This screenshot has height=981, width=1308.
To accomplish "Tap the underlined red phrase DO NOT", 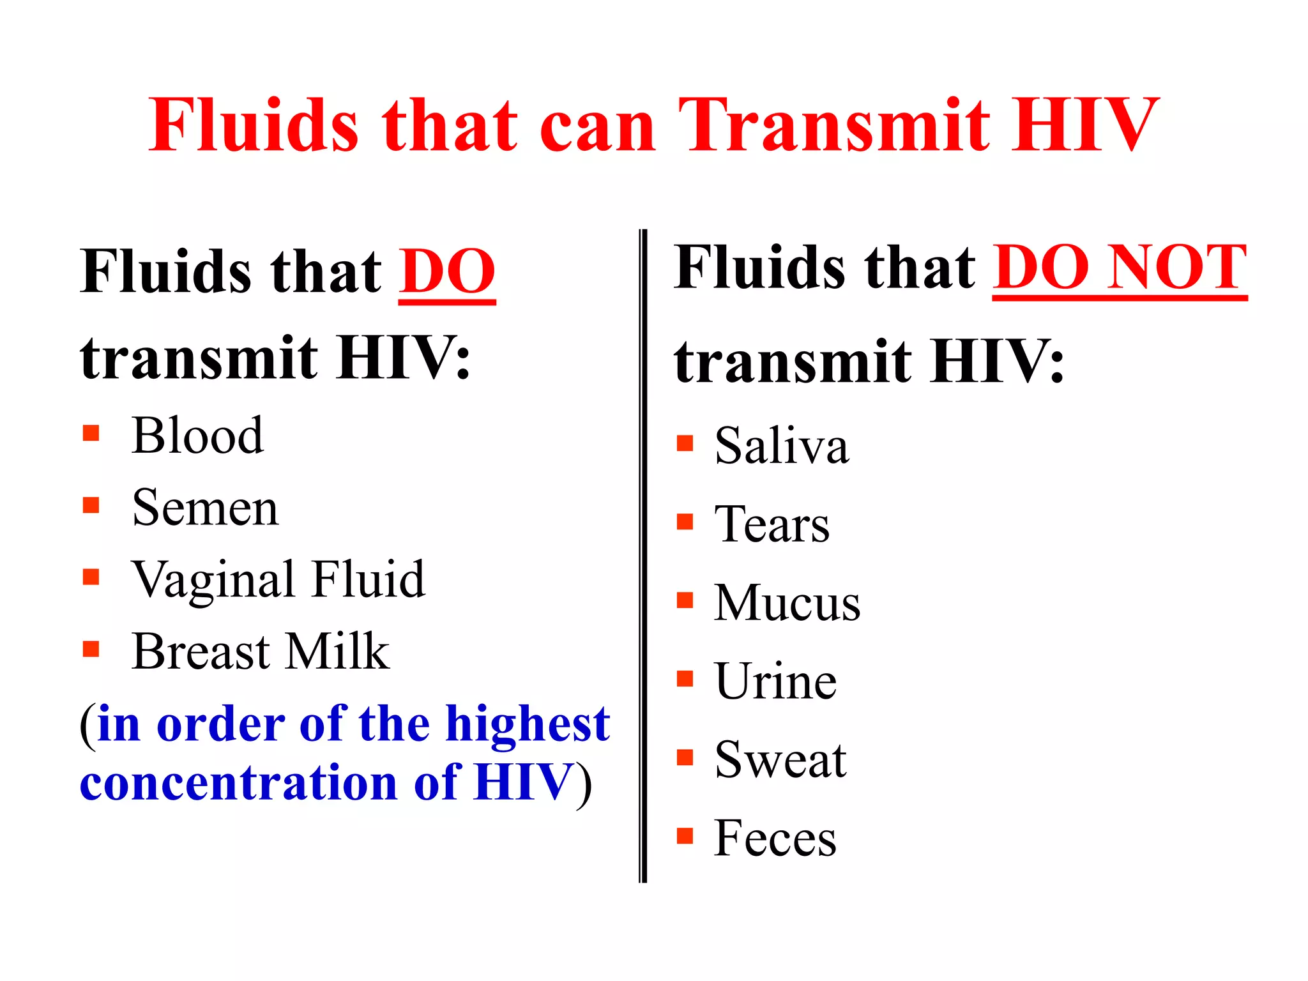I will point(1120,268).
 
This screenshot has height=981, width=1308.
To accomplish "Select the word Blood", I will point(197,436).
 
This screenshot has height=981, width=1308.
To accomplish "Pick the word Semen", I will point(205,508).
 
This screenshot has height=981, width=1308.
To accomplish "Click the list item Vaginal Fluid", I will point(278,579).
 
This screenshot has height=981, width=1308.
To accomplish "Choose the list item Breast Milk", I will point(261,651).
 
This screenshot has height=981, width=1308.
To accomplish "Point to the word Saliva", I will point(782,446).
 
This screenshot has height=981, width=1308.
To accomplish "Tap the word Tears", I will point(772,524).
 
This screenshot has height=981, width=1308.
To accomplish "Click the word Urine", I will point(776,681).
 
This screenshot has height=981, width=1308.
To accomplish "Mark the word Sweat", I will point(780,760).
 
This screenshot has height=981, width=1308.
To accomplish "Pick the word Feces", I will point(775,838).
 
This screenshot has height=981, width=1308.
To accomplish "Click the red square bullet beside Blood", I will point(91,434).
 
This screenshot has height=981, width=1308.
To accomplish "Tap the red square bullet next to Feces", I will point(685,835).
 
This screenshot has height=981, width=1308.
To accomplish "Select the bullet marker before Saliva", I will point(685,443).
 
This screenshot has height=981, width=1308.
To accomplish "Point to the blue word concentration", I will point(239,783).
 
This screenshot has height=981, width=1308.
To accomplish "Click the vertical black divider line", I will point(643,556).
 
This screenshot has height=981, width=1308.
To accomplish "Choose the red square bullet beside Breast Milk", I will point(91,650).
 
